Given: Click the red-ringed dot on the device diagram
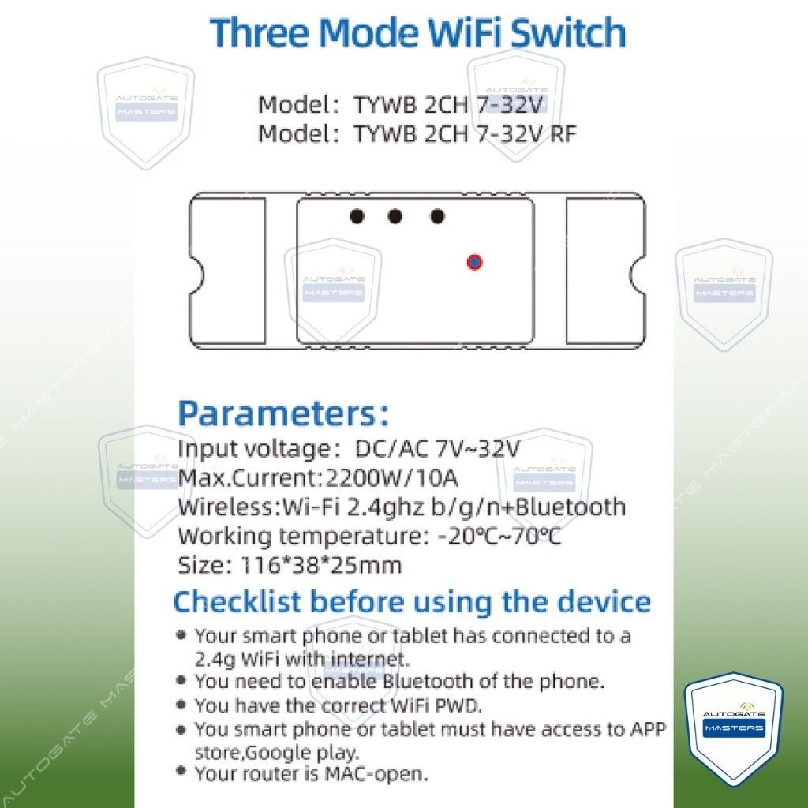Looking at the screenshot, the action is coord(474,262).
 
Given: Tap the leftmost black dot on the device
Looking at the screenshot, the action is coord(357,216).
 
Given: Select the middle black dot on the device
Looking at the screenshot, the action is coord(395,216).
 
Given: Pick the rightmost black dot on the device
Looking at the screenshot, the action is coord(437,216).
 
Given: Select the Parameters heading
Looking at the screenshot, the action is coord(283,413).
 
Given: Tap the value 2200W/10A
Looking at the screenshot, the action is coord(391,478).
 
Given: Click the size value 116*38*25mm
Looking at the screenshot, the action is coord(321,565).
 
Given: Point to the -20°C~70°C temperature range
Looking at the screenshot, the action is coord(499,537).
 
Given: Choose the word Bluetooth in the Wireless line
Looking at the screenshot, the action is coord(570,507).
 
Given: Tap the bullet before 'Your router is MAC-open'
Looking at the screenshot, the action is coord(181,770).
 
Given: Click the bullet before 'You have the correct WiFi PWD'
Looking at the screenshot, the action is coord(181,703).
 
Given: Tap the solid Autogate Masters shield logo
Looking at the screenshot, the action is coord(734,728).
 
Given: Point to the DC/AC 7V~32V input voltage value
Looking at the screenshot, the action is coord(437,449).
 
